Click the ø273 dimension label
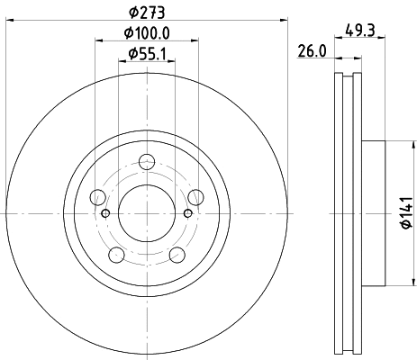coord(147,13)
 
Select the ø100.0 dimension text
coord(147,34)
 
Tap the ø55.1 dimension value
coord(147,55)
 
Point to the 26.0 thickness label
coord(311,52)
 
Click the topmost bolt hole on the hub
coord(147,163)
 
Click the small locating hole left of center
coord(106,213)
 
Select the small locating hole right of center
coord(187,213)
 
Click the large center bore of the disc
coord(147,213)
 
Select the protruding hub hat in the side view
coord(373,213)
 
